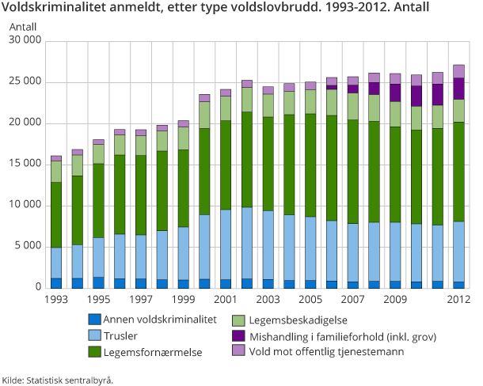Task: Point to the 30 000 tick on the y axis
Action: point(27,41)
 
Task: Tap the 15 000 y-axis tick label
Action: point(27,165)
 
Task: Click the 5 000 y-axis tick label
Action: point(29,247)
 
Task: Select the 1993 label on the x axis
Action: point(56,301)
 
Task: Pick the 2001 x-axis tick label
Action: point(225,301)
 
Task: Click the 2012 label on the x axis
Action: point(458,301)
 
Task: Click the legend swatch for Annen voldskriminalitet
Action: point(96,319)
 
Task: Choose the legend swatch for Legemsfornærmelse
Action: point(96,350)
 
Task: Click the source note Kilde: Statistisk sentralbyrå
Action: point(58,380)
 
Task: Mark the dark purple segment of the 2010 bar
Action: point(416,96)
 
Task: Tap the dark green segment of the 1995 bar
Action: point(98,201)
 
